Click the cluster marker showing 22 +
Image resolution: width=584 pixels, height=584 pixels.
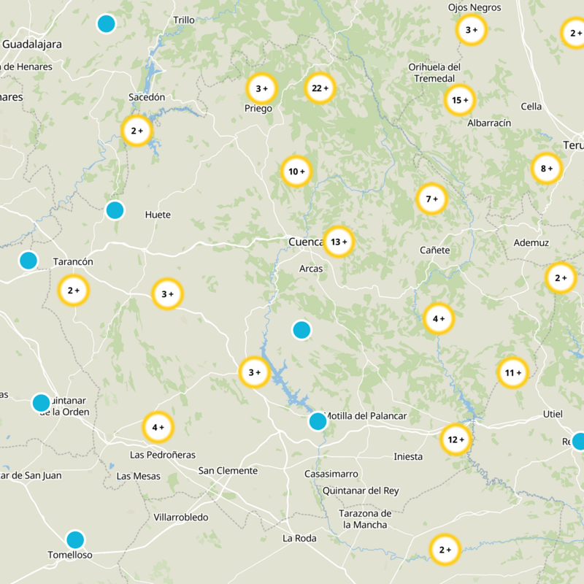point(320,88)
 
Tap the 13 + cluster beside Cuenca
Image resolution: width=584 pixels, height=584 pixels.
point(339,242)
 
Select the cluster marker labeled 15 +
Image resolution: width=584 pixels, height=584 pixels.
point(460,100)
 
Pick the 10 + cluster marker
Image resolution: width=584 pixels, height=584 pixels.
point(296,172)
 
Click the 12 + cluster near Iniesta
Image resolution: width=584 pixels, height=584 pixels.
point(457,439)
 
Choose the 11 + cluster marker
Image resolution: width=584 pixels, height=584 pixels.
point(512,373)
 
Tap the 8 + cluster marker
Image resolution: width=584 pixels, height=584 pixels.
point(546,169)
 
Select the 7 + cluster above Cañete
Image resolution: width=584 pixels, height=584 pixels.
point(431,198)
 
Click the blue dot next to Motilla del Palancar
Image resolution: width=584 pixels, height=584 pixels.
point(318,421)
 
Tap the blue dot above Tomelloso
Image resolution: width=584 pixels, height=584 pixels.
point(75,539)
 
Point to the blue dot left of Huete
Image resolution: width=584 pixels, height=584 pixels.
point(115,210)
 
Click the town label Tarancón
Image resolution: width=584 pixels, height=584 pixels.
point(74,261)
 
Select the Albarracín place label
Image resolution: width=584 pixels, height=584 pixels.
point(489,123)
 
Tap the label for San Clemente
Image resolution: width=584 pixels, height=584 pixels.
point(228,471)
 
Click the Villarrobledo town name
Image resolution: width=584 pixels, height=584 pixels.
point(181,518)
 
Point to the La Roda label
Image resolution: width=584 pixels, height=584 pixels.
point(299,539)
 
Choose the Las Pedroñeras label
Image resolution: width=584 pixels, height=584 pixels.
point(162,455)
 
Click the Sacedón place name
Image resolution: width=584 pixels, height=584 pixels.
point(147,96)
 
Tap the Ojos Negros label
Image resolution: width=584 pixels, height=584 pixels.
point(474,7)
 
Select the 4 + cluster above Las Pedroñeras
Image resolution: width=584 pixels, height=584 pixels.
point(158,427)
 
